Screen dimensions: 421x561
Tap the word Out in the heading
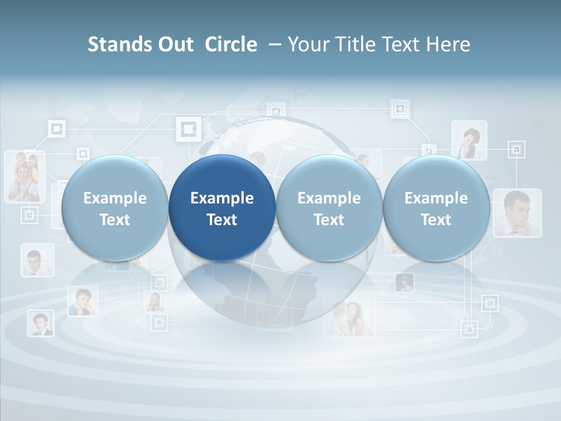click(174, 44)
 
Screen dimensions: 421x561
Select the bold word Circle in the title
click(231, 44)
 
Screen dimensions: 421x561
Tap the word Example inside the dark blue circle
click(222, 198)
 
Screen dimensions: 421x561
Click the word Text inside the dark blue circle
click(222, 220)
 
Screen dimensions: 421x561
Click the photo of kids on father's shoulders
click(25, 177)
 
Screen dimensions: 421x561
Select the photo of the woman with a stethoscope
click(469, 140)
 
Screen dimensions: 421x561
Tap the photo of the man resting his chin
click(517, 212)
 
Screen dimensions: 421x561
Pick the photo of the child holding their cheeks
click(82, 302)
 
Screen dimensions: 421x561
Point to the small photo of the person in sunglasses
click(404, 283)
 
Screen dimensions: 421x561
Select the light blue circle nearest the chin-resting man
click(436, 208)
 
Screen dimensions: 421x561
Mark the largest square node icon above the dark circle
click(188, 129)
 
